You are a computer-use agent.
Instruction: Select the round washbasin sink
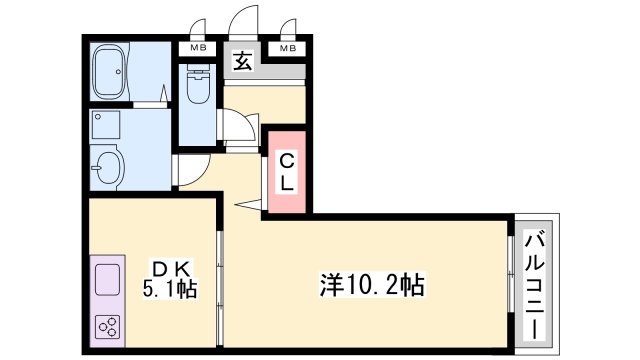coord(108,165)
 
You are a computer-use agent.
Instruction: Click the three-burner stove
coord(108,327)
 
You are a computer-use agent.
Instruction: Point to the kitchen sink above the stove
coord(108,280)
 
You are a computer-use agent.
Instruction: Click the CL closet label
coord(285,172)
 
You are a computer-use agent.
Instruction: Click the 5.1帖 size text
coord(171,290)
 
